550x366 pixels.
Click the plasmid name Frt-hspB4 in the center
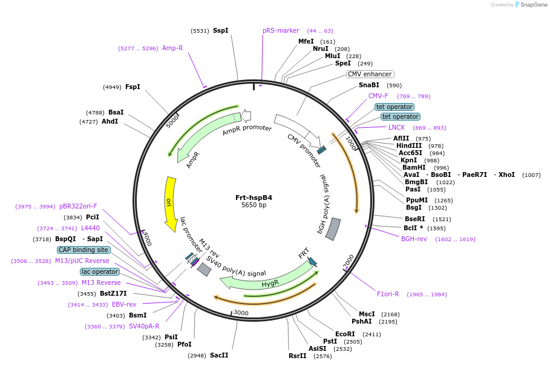coord(254,198)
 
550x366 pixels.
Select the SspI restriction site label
coord(220,30)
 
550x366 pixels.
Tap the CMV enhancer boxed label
coord(370,74)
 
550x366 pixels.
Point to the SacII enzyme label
coord(219,355)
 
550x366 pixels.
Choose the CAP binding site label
coord(83,250)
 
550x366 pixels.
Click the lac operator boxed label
coord(100,271)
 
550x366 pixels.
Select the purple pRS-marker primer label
coord(281,30)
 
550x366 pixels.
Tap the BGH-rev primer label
coord(414,239)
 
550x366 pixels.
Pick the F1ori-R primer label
coord(388,294)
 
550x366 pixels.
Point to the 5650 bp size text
coord(254,205)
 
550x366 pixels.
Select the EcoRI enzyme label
coord(345,334)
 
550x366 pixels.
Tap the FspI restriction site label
coord(133,87)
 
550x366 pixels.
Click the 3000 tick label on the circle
coord(241,313)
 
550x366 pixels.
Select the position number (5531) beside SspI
coord(199,30)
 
